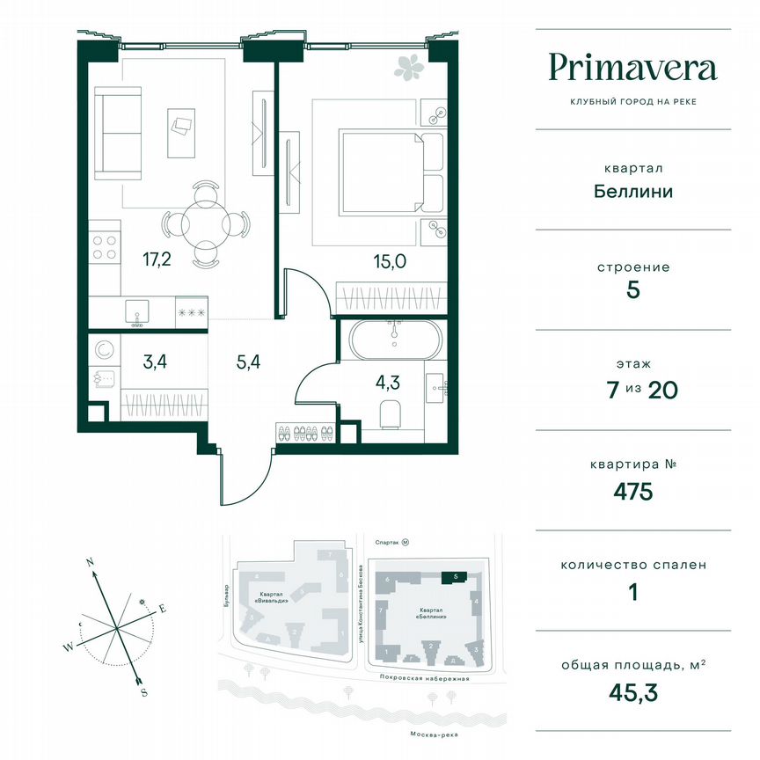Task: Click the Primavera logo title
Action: (632, 68)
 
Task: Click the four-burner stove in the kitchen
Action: (106, 244)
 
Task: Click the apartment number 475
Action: (632, 491)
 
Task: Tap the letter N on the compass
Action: (90, 560)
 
